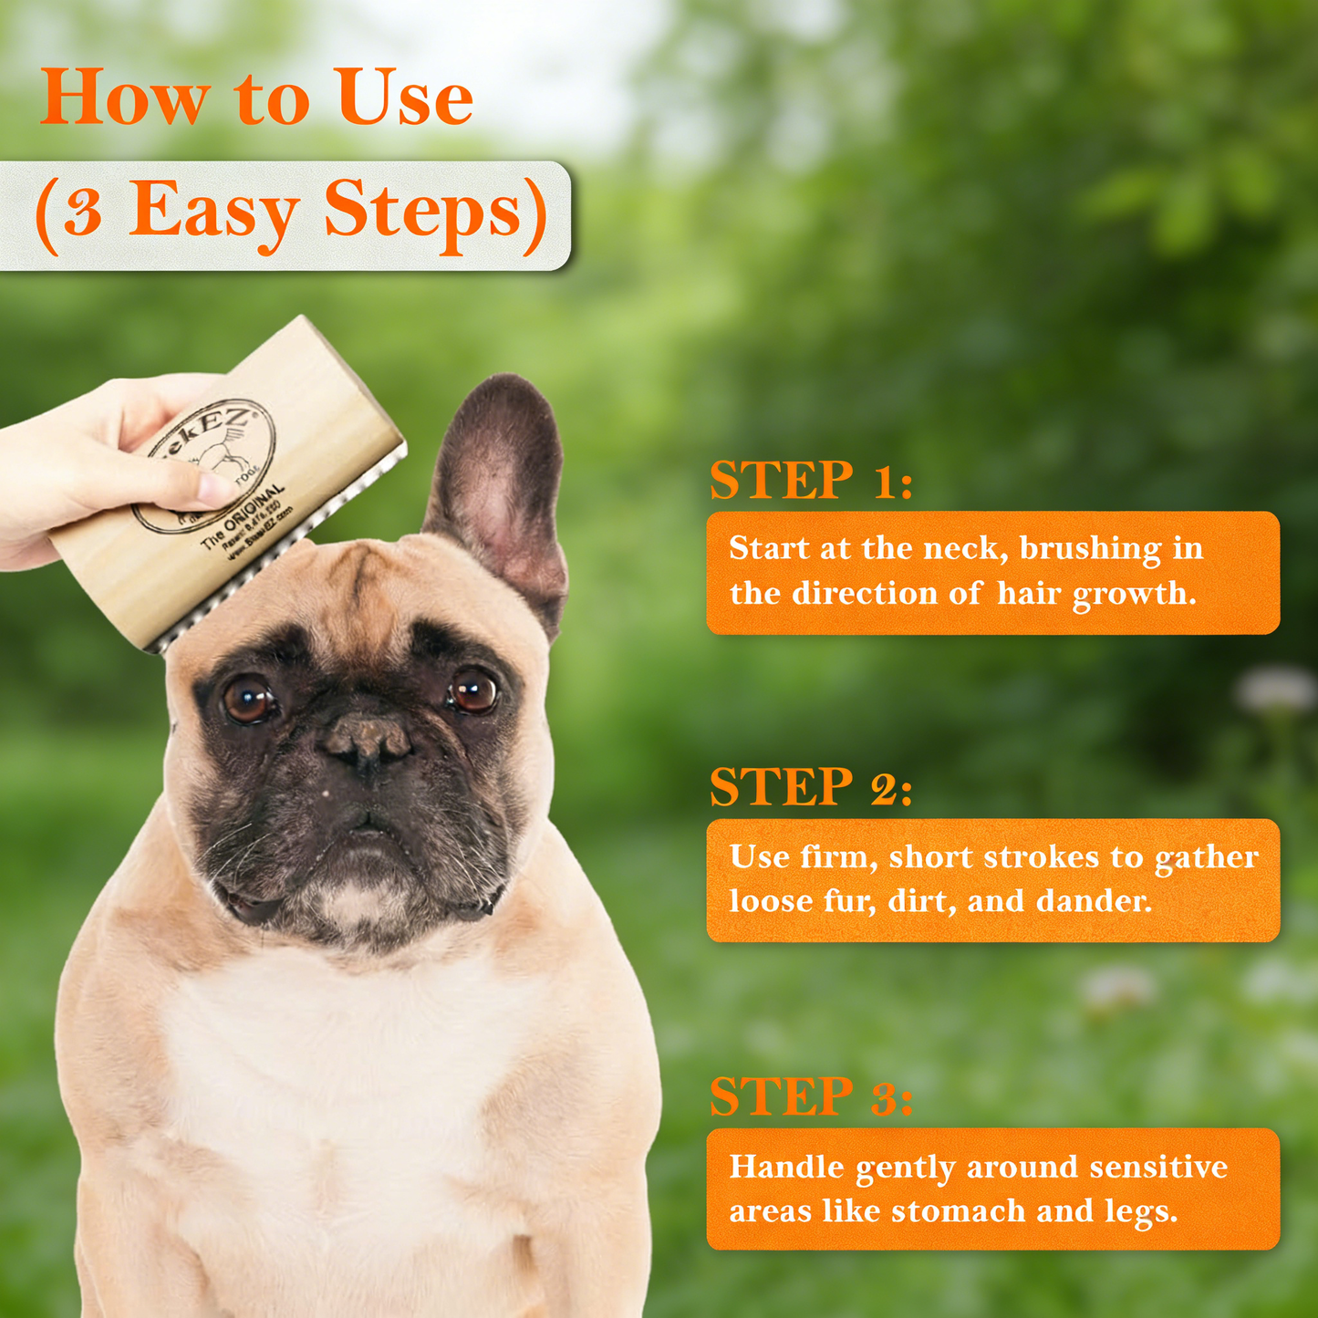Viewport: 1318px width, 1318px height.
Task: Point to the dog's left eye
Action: pyautogui.click(x=472, y=690)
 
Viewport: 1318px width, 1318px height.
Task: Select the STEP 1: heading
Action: pyautogui.click(x=811, y=481)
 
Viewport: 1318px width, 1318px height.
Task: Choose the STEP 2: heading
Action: pyautogui.click(x=811, y=787)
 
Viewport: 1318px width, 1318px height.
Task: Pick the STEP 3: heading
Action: pyautogui.click(x=811, y=1096)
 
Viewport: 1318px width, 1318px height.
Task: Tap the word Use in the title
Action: pyautogui.click(x=405, y=99)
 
